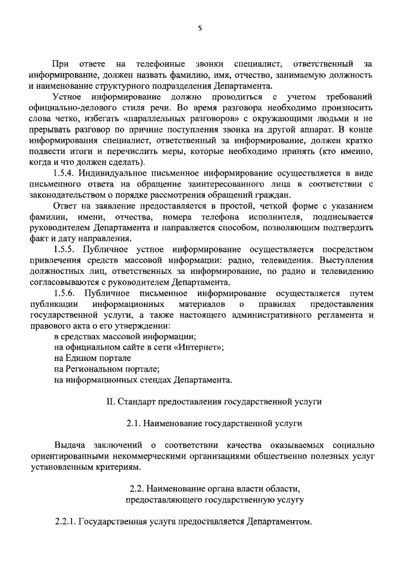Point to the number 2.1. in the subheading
(x=134, y=422)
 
